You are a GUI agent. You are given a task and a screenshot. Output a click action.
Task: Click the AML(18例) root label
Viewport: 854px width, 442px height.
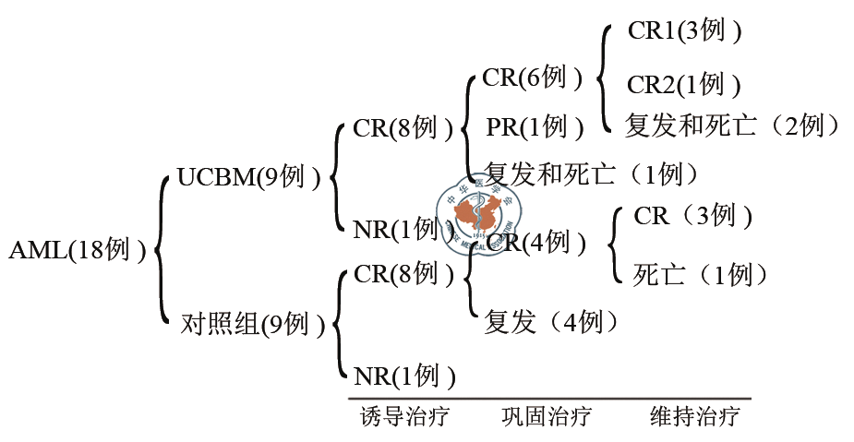pos(78,250)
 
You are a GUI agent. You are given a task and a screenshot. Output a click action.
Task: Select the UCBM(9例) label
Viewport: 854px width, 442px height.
pos(248,175)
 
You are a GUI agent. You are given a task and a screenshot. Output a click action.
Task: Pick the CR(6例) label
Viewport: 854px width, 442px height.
pos(533,78)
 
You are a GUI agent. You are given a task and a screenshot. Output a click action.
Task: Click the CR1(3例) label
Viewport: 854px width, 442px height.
pos(684,30)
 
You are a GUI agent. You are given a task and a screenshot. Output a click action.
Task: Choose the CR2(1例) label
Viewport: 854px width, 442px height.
pos(684,85)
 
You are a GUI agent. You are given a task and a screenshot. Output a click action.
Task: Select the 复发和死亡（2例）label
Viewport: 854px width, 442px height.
pos(732,125)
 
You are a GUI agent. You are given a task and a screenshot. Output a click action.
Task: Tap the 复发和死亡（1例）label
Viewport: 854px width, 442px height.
pos(591,173)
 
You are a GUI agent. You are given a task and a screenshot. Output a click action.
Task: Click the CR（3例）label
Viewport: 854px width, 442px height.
pos(692,217)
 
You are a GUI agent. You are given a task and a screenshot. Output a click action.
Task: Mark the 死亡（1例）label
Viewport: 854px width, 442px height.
pos(701,274)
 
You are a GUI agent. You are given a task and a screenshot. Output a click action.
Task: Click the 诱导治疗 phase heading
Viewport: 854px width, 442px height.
pos(404,416)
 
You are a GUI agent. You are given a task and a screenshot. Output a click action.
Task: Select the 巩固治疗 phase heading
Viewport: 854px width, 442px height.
pos(546,416)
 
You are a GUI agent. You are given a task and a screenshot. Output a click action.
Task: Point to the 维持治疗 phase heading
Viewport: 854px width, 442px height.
pos(694,416)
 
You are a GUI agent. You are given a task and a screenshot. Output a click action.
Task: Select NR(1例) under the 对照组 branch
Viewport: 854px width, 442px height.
pos(404,376)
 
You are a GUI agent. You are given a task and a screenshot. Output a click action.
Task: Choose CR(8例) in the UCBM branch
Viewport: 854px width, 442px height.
pos(403,128)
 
